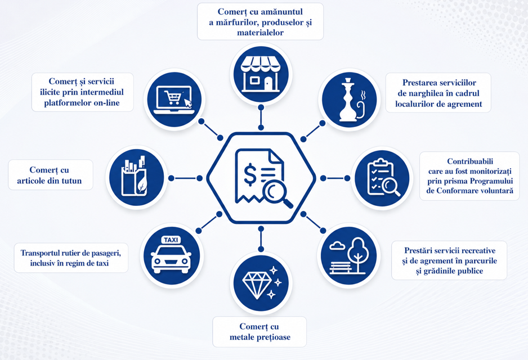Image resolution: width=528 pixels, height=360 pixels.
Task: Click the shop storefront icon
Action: tap(261, 74)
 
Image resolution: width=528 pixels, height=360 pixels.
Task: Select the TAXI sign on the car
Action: tap(171, 240)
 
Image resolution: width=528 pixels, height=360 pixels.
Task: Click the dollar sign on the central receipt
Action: tap(250, 174)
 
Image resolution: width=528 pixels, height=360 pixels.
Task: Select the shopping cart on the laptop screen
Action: tap(172, 97)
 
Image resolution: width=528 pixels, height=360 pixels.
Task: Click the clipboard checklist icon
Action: tap(382, 178)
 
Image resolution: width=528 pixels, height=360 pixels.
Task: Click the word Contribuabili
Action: tap(470, 161)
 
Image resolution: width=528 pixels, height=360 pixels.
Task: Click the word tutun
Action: tap(71, 181)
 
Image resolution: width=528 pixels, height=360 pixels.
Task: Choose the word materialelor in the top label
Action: tap(260, 33)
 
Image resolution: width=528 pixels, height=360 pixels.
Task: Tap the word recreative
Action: tap(476, 251)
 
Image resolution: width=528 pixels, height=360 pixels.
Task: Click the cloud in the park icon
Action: tap(337, 246)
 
